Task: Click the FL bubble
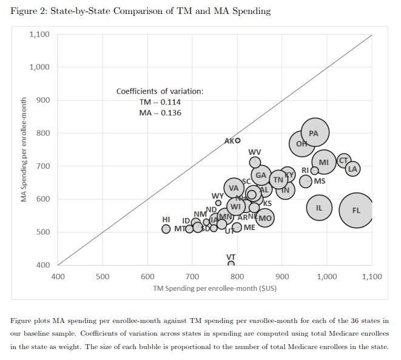[357, 209]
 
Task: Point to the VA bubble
[234, 188]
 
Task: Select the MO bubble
[265, 217]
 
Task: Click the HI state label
[166, 219]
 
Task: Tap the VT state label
[231, 257]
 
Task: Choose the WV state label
[255, 151]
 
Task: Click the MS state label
[320, 181]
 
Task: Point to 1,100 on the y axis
[39, 35]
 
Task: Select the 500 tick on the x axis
[103, 277]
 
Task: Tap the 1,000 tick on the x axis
[326, 277]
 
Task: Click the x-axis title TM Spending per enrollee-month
[215, 288]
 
